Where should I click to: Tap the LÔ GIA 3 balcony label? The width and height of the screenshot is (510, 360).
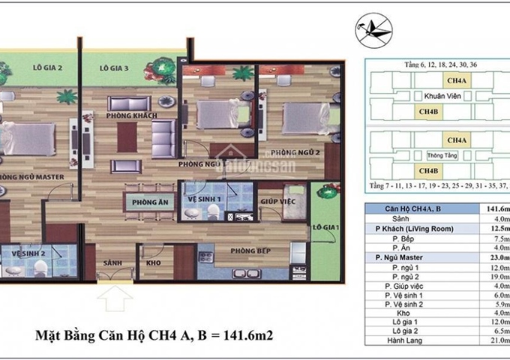click(x=115, y=67)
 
